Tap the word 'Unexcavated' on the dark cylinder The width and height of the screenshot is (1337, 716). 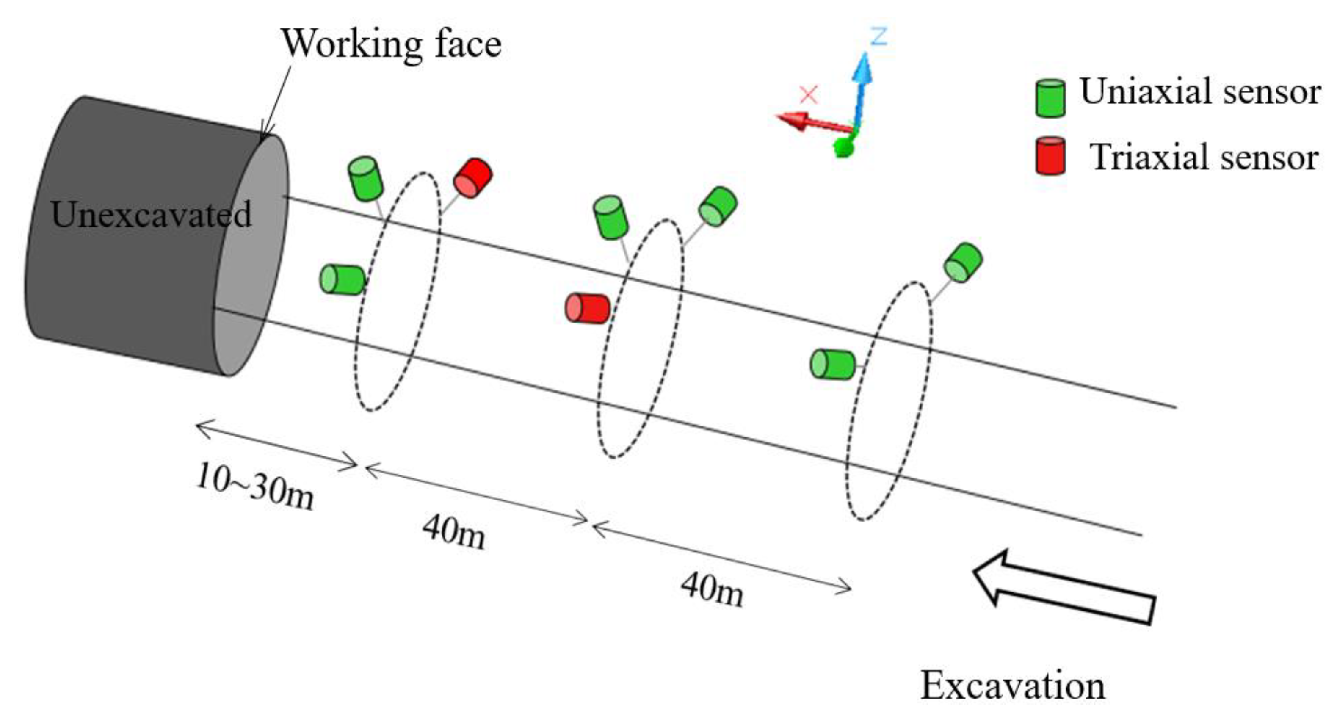click(x=151, y=214)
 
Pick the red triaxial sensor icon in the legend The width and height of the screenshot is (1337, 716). click(x=1050, y=155)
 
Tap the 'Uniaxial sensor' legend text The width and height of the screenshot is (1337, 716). click(x=1200, y=92)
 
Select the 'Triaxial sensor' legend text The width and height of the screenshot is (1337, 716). click(x=1203, y=157)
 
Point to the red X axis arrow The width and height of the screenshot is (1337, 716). click(x=809, y=122)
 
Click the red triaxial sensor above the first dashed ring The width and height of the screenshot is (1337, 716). click(x=472, y=177)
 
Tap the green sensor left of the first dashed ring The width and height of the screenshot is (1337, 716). click(x=342, y=279)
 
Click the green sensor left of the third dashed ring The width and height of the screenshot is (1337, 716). click(x=832, y=364)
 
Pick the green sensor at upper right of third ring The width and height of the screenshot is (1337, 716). click(x=963, y=262)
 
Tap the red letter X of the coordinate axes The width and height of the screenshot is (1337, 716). click(x=809, y=95)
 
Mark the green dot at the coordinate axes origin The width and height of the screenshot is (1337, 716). click(x=844, y=147)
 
